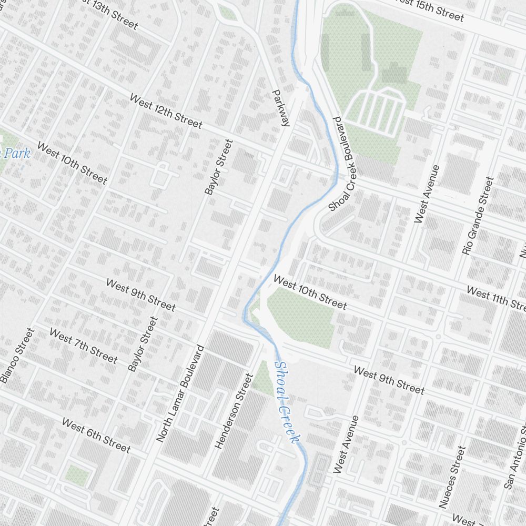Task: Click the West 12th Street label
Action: pos(166,112)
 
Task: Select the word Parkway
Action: pos(281,108)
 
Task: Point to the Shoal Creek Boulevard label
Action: pos(342,164)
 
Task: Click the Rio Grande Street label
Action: pos(478,216)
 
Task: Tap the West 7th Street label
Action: pos(83,345)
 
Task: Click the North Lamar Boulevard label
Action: pos(180,393)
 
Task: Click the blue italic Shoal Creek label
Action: pos(287,402)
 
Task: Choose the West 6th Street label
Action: pos(96,436)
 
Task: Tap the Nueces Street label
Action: pos(452,477)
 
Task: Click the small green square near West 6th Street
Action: pos(77,476)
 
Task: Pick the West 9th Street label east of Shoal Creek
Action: pos(389,380)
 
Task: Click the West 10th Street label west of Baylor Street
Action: pos(72,164)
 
